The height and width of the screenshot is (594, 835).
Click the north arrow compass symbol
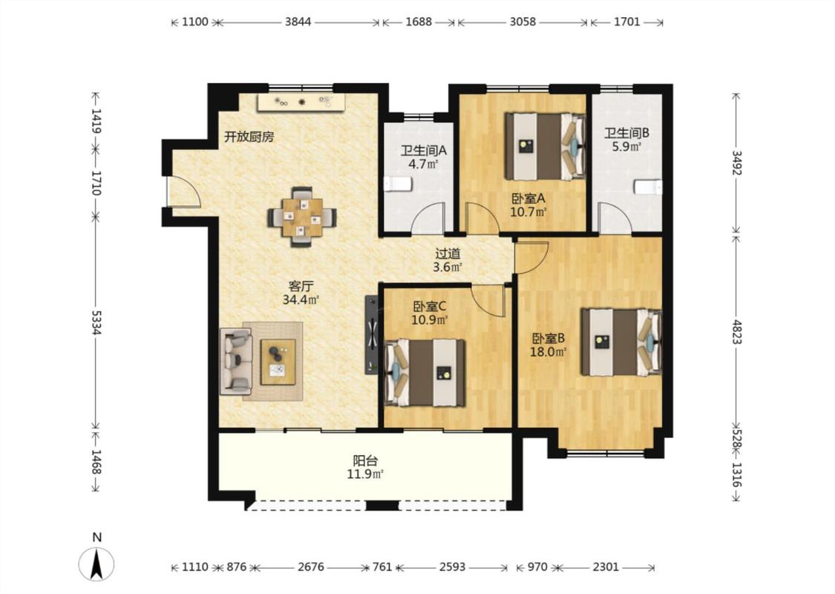click(x=96, y=564)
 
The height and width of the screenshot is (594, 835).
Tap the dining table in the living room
click(x=303, y=217)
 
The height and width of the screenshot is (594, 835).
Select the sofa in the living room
click(x=236, y=361)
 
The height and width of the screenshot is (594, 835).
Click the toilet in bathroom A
click(x=398, y=184)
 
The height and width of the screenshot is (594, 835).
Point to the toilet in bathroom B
click(x=648, y=188)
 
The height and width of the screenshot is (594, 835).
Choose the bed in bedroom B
click(x=621, y=342)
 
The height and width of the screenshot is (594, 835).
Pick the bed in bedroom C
click(x=425, y=373)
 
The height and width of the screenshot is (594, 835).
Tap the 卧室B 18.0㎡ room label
click(x=548, y=345)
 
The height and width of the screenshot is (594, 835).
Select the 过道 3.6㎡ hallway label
click(x=448, y=261)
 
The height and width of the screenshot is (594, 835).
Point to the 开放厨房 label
click(x=249, y=137)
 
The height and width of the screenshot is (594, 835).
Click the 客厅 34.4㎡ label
click(x=301, y=293)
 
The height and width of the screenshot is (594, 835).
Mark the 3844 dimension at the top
click(x=298, y=22)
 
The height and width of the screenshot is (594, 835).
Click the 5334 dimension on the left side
click(x=96, y=323)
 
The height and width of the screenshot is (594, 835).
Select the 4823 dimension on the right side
click(x=736, y=332)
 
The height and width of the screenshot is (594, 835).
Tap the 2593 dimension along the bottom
click(x=452, y=567)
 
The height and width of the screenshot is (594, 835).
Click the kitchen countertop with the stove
click(x=301, y=102)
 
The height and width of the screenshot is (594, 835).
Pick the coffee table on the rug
click(x=278, y=362)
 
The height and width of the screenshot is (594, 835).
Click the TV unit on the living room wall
click(x=372, y=335)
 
